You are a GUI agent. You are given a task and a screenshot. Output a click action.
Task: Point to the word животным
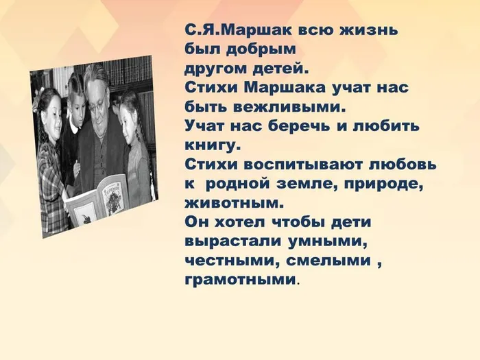click(x=233, y=204)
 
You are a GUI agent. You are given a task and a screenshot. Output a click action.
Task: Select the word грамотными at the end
click(x=241, y=280)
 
